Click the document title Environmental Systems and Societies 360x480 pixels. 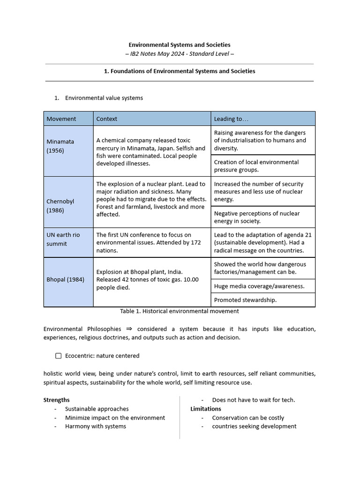click(x=180, y=45)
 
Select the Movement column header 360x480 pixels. click(x=61, y=119)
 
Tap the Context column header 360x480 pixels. click(x=107, y=119)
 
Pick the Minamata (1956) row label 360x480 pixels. click(x=60, y=146)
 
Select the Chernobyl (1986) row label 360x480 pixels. click(x=60, y=206)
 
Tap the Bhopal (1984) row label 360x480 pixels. click(x=66, y=279)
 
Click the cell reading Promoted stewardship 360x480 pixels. click(x=245, y=300)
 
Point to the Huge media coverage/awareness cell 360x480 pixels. click(x=259, y=286)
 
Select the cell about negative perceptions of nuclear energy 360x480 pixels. click(x=256, y=217)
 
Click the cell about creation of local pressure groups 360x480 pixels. click(x=256, y=165)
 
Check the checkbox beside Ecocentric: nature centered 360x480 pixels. click(x=59, y=356)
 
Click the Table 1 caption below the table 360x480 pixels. click(x=180, y=311)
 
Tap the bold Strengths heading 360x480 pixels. click(x=56, y=400)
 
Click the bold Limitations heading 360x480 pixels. click(x=206, y=409)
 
